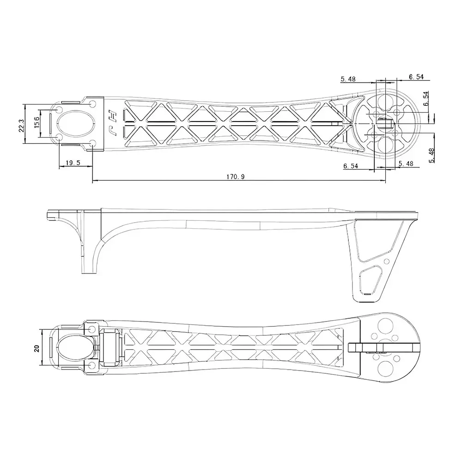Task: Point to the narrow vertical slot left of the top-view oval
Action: [52, 124]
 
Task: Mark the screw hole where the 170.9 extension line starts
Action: [92, 144]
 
